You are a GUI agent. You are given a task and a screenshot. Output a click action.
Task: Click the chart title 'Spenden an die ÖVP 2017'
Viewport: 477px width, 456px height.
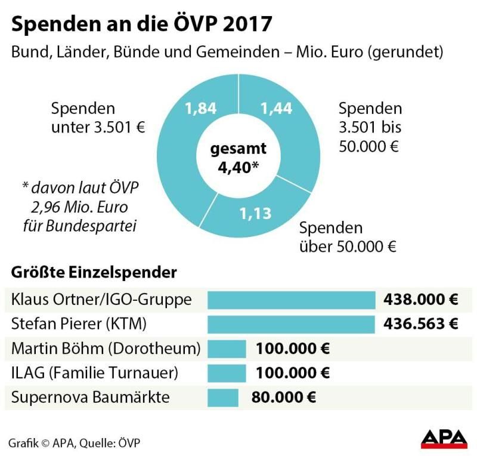143,24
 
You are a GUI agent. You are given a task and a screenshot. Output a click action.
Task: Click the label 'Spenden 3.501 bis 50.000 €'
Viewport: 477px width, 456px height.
370,127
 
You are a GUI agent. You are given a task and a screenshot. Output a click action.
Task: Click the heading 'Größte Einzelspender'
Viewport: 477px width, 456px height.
94,273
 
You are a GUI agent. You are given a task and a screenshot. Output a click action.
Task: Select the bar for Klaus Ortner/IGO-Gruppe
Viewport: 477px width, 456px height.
290,300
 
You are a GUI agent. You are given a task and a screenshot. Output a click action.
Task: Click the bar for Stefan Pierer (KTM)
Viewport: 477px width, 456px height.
290,324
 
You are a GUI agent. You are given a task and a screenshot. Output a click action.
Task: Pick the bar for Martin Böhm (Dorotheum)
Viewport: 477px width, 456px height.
227,348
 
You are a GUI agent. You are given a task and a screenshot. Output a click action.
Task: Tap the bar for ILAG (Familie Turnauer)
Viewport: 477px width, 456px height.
227,373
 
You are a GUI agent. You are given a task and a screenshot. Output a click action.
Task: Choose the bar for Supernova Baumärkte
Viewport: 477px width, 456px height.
222,397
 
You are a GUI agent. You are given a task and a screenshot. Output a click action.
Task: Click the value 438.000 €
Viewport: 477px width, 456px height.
420,300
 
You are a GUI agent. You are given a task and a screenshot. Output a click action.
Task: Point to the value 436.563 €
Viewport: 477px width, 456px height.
420,324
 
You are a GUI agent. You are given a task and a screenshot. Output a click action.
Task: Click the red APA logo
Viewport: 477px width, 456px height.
444,438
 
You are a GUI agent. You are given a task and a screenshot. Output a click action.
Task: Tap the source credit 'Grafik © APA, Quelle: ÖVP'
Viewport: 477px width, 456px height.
75,442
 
